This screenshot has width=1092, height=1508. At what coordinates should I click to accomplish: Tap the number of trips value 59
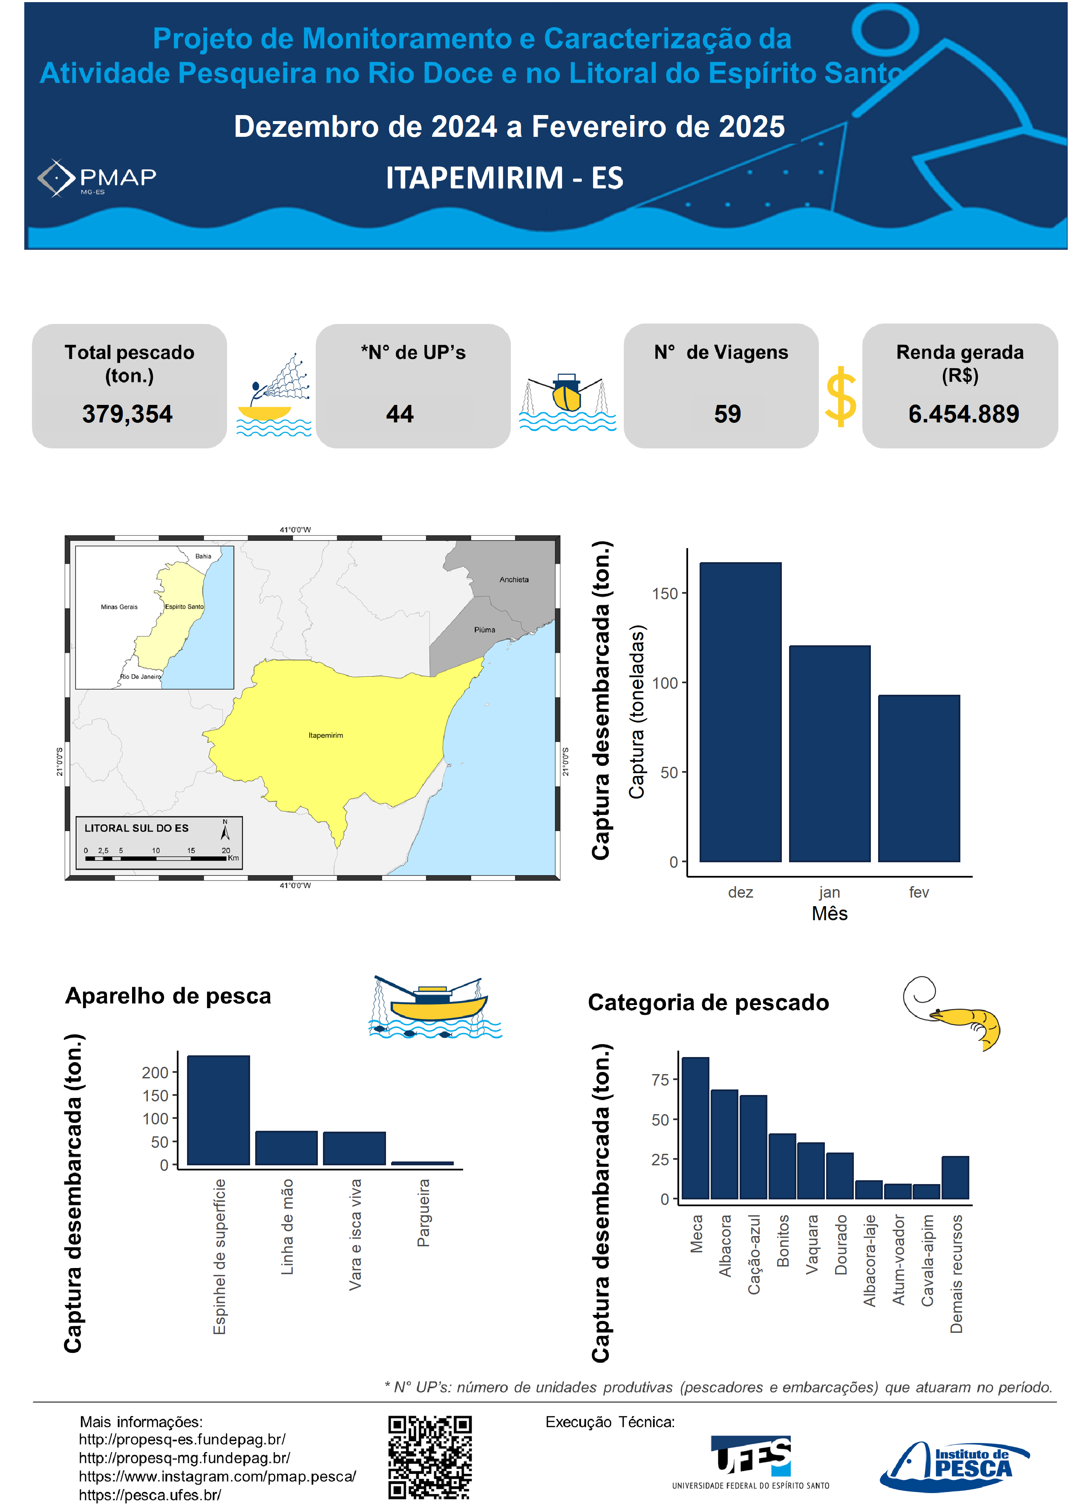(727, 414)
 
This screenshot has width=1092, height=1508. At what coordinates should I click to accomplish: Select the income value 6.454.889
(963, 414)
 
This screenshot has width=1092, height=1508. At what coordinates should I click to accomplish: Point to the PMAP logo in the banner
(97, 178)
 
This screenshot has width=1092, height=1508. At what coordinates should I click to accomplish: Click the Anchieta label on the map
(514, 580)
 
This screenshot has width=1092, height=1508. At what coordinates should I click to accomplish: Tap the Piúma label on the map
(484, 630)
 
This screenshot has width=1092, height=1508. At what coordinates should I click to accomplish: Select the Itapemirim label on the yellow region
(326, 735)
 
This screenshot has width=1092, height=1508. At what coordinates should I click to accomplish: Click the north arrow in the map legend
(225, 831)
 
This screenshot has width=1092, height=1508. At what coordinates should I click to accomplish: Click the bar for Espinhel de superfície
(218, 1110)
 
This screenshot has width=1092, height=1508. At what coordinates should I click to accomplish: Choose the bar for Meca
(695, 1128)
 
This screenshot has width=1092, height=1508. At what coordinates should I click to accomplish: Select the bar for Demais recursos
(955, 1178)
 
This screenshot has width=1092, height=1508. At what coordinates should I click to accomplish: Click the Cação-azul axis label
(754, 1254)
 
